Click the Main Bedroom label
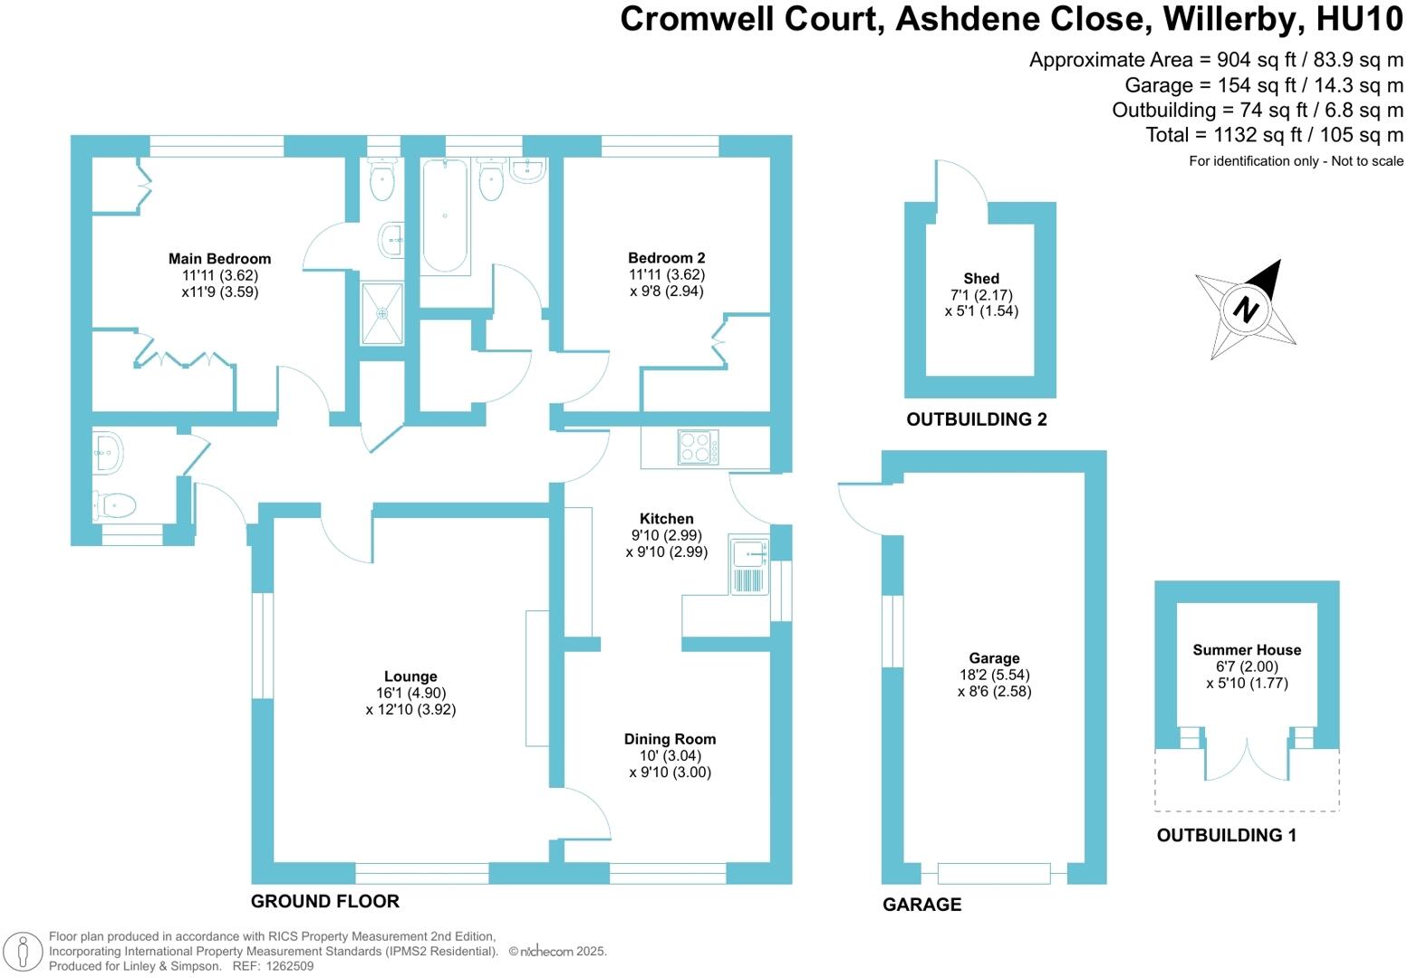click(x=219, y=259)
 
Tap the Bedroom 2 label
click(x=667, y=258)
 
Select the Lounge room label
click(x=410, y=676)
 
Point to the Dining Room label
click(x=670, y=739)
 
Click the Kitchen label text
click(x=666, y=519)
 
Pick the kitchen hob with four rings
click(x=699, y=447)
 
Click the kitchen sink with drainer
click(x=748, y=567)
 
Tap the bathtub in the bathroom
click(x=444, y=216)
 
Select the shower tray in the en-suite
click(x=382, y=313)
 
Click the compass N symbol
click(x=1247, y=309)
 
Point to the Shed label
click(x=981, y=279)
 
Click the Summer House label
click(x=1247, y=650)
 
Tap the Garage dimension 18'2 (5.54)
click(x=994, y=675)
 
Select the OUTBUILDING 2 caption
click(x=977, y=419)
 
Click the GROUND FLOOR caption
click(x=324, y=901)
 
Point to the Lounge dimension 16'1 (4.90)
click(x=410, y=693)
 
